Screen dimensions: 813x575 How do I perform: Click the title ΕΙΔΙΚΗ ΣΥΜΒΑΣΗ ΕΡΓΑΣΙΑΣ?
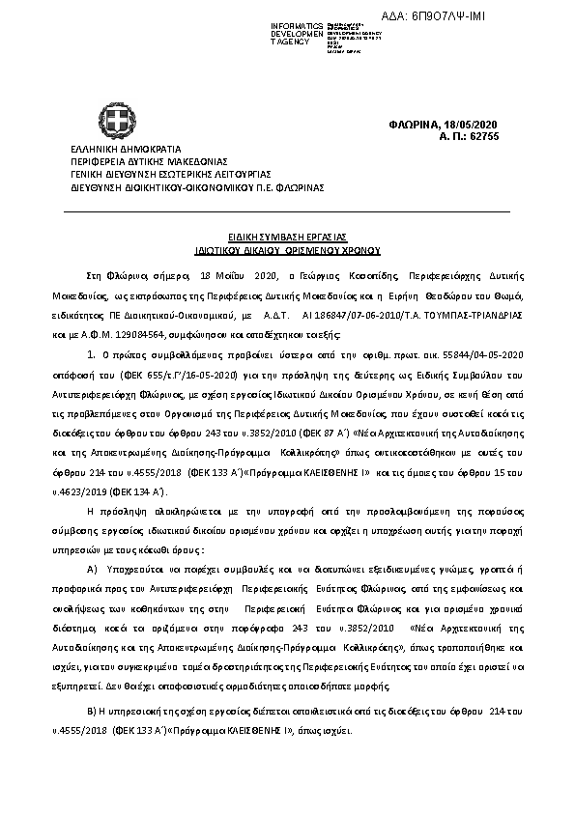[287, 237]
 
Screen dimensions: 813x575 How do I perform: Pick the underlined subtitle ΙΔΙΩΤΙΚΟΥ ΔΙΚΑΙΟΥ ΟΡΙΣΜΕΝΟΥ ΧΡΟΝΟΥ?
[287, 247]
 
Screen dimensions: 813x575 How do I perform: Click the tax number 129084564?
[137, 334]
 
